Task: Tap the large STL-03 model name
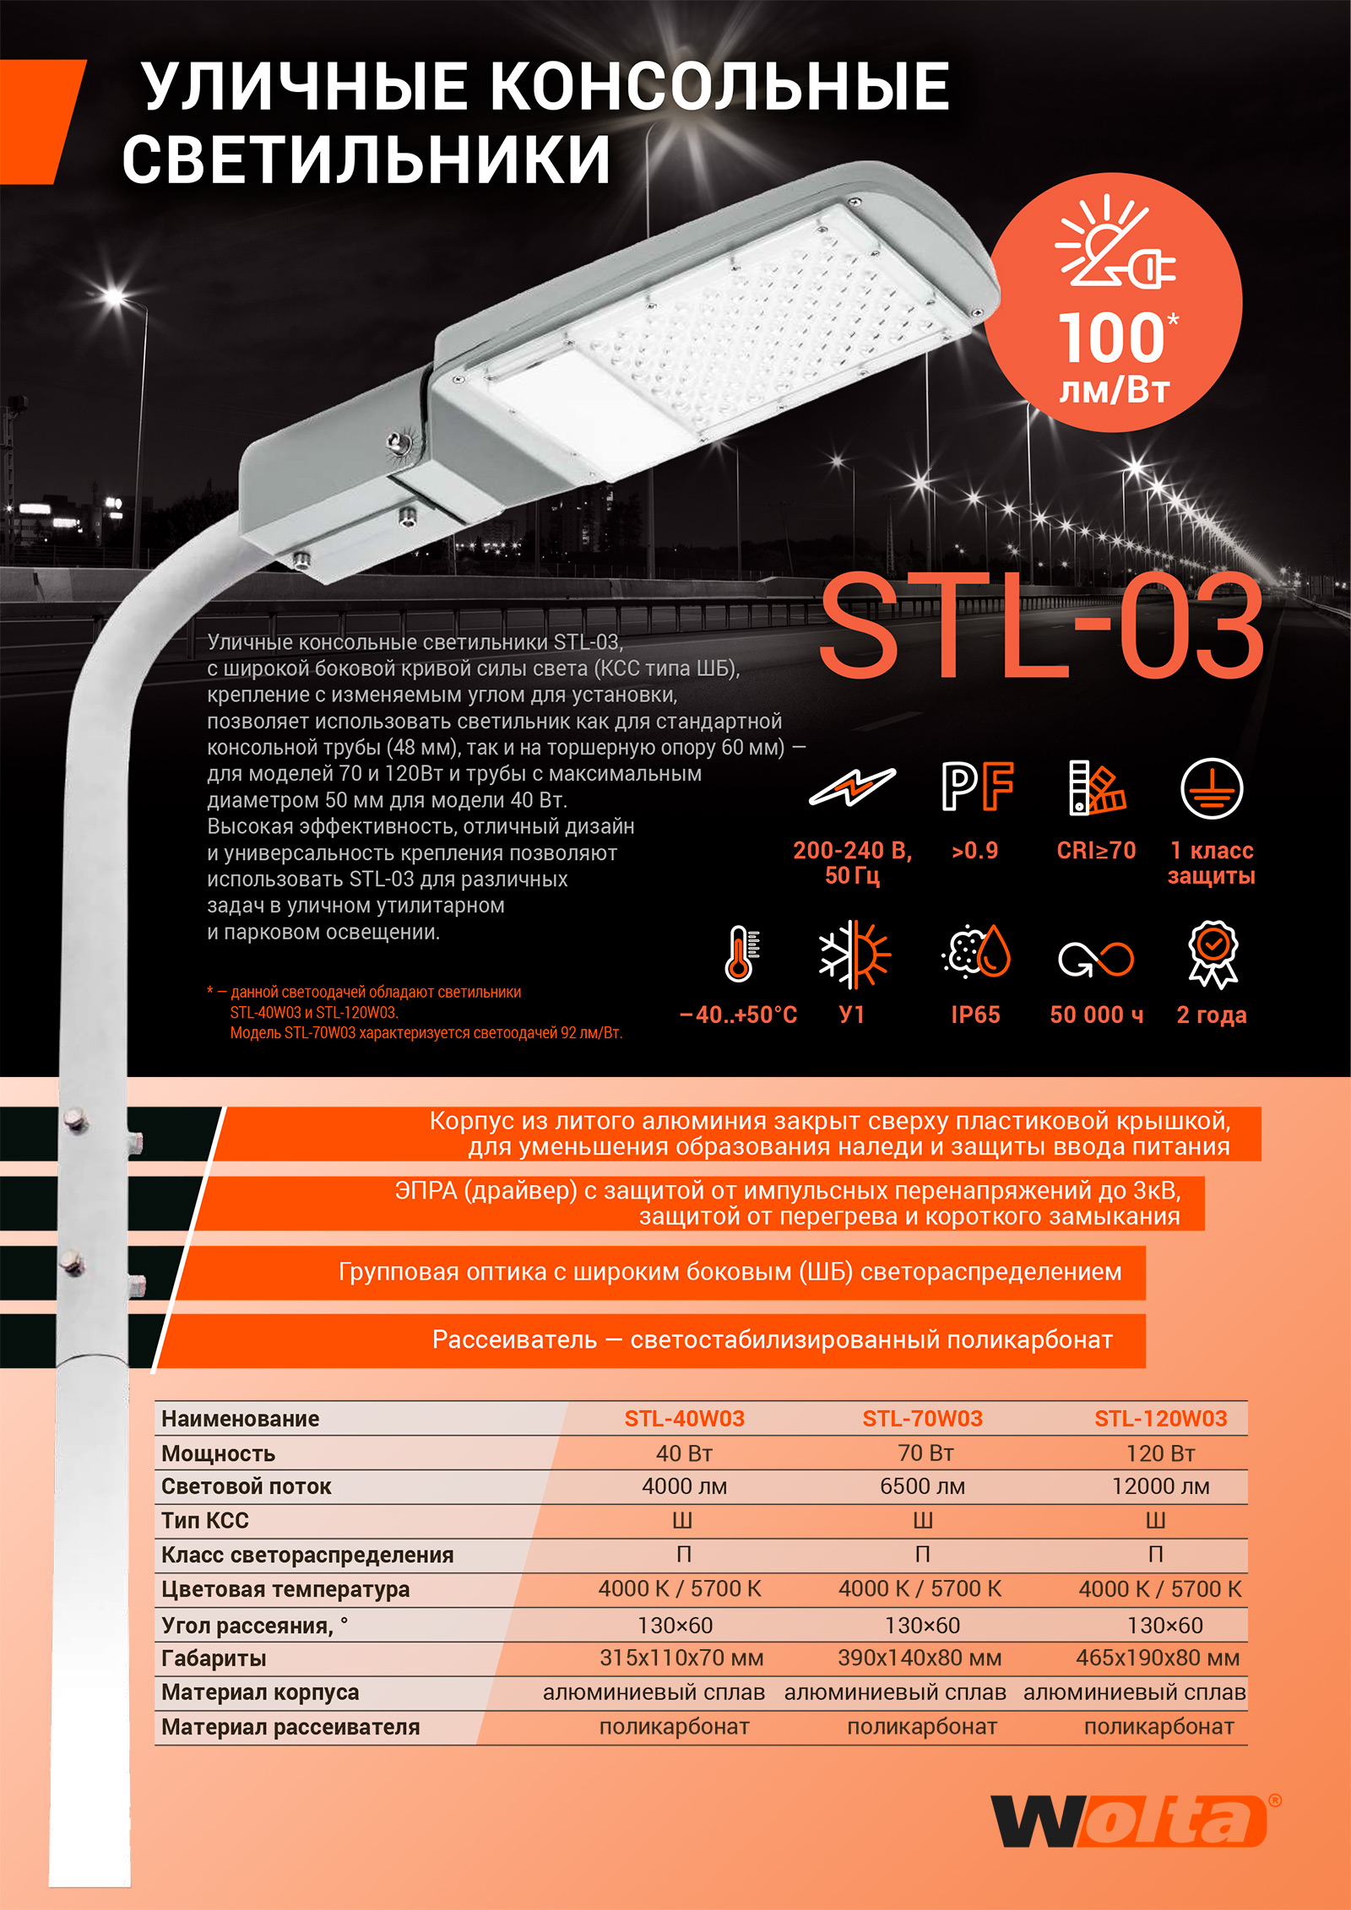pyautogui.click(x=1041, y=626)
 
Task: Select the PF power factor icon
pyautogui.click(x=977, y=787)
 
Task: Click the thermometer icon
pyautogui.click(x=740, y=954)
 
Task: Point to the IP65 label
pyautogui.click(x=975, y=1015)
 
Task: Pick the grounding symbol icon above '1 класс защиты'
pyautogui.click(x=1211, y=788)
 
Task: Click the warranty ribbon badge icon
pyautogui.click(x=1213, y=954)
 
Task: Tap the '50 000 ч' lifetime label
pyautogui.click(x=1096, y=1015)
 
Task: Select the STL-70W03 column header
pyautogui.click(x=922, y=1419)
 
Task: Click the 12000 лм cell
pyautogui.click(x=1160, y=1486)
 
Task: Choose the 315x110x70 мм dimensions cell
pyautogui.click(x=681, y=1658)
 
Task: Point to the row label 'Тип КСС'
pyautogui.click(x=205, y=1521)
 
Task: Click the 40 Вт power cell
pyautogui.click(x=684, y=1453)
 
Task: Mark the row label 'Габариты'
pyautogui.click(x=214, y=1658)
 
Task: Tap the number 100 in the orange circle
pyautogui.click(x=1111, y=338)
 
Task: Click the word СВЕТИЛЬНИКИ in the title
pyautogui.click(x=366, y=160)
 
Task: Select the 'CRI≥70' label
pyautogui.click(x=1096, y=850)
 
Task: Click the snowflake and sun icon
pyautogui.click(x=854, y=954)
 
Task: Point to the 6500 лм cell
pyautogui.click(x=922, y=1486)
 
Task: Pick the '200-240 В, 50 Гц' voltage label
pyautogui.click(x=852, y=863)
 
